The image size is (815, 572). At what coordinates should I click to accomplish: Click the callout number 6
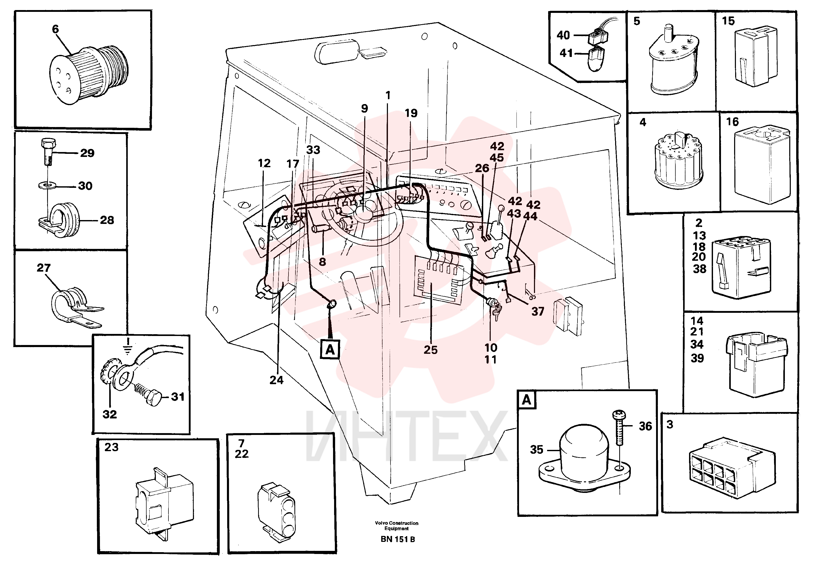pos(55,29)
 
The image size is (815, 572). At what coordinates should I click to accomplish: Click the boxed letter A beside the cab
pos(330,349)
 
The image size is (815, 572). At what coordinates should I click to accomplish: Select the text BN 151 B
pos(397,539)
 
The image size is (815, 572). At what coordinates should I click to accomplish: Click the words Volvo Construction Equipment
pos(396,525)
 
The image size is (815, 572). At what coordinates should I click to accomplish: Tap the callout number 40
pos(563,35)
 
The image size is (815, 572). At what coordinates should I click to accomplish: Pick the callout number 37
pos(538,312)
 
